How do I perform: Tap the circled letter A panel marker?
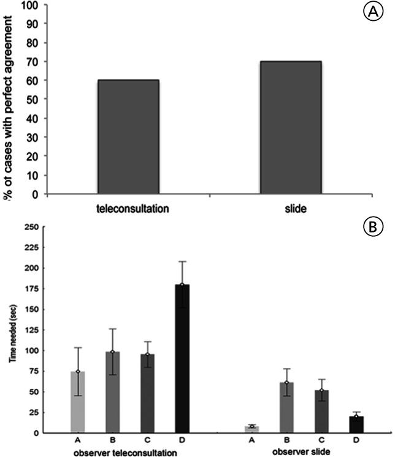pos(372,13)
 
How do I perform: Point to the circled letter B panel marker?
pos(374,228)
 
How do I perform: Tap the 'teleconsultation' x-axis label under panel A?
pos(132,208)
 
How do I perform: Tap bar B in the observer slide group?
pos(286,407)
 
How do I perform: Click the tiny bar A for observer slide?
pos(251,429)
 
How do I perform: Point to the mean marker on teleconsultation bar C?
pos(148,355)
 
